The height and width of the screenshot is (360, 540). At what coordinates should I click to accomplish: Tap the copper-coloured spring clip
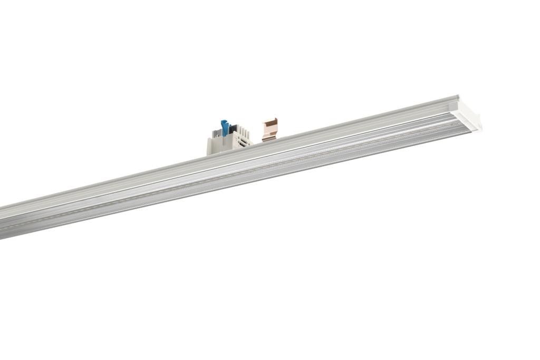click(x=269, y=130)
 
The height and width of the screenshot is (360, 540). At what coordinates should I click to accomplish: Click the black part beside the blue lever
click(x=233, y=129)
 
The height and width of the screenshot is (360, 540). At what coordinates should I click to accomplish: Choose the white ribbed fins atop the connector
click(x=242, y=130)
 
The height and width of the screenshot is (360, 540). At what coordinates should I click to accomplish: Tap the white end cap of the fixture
click(x=467, y=113)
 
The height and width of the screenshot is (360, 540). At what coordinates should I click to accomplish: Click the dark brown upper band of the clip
click(x=271, y=122)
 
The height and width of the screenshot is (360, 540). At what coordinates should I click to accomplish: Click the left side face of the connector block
click(x=210, y=146)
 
